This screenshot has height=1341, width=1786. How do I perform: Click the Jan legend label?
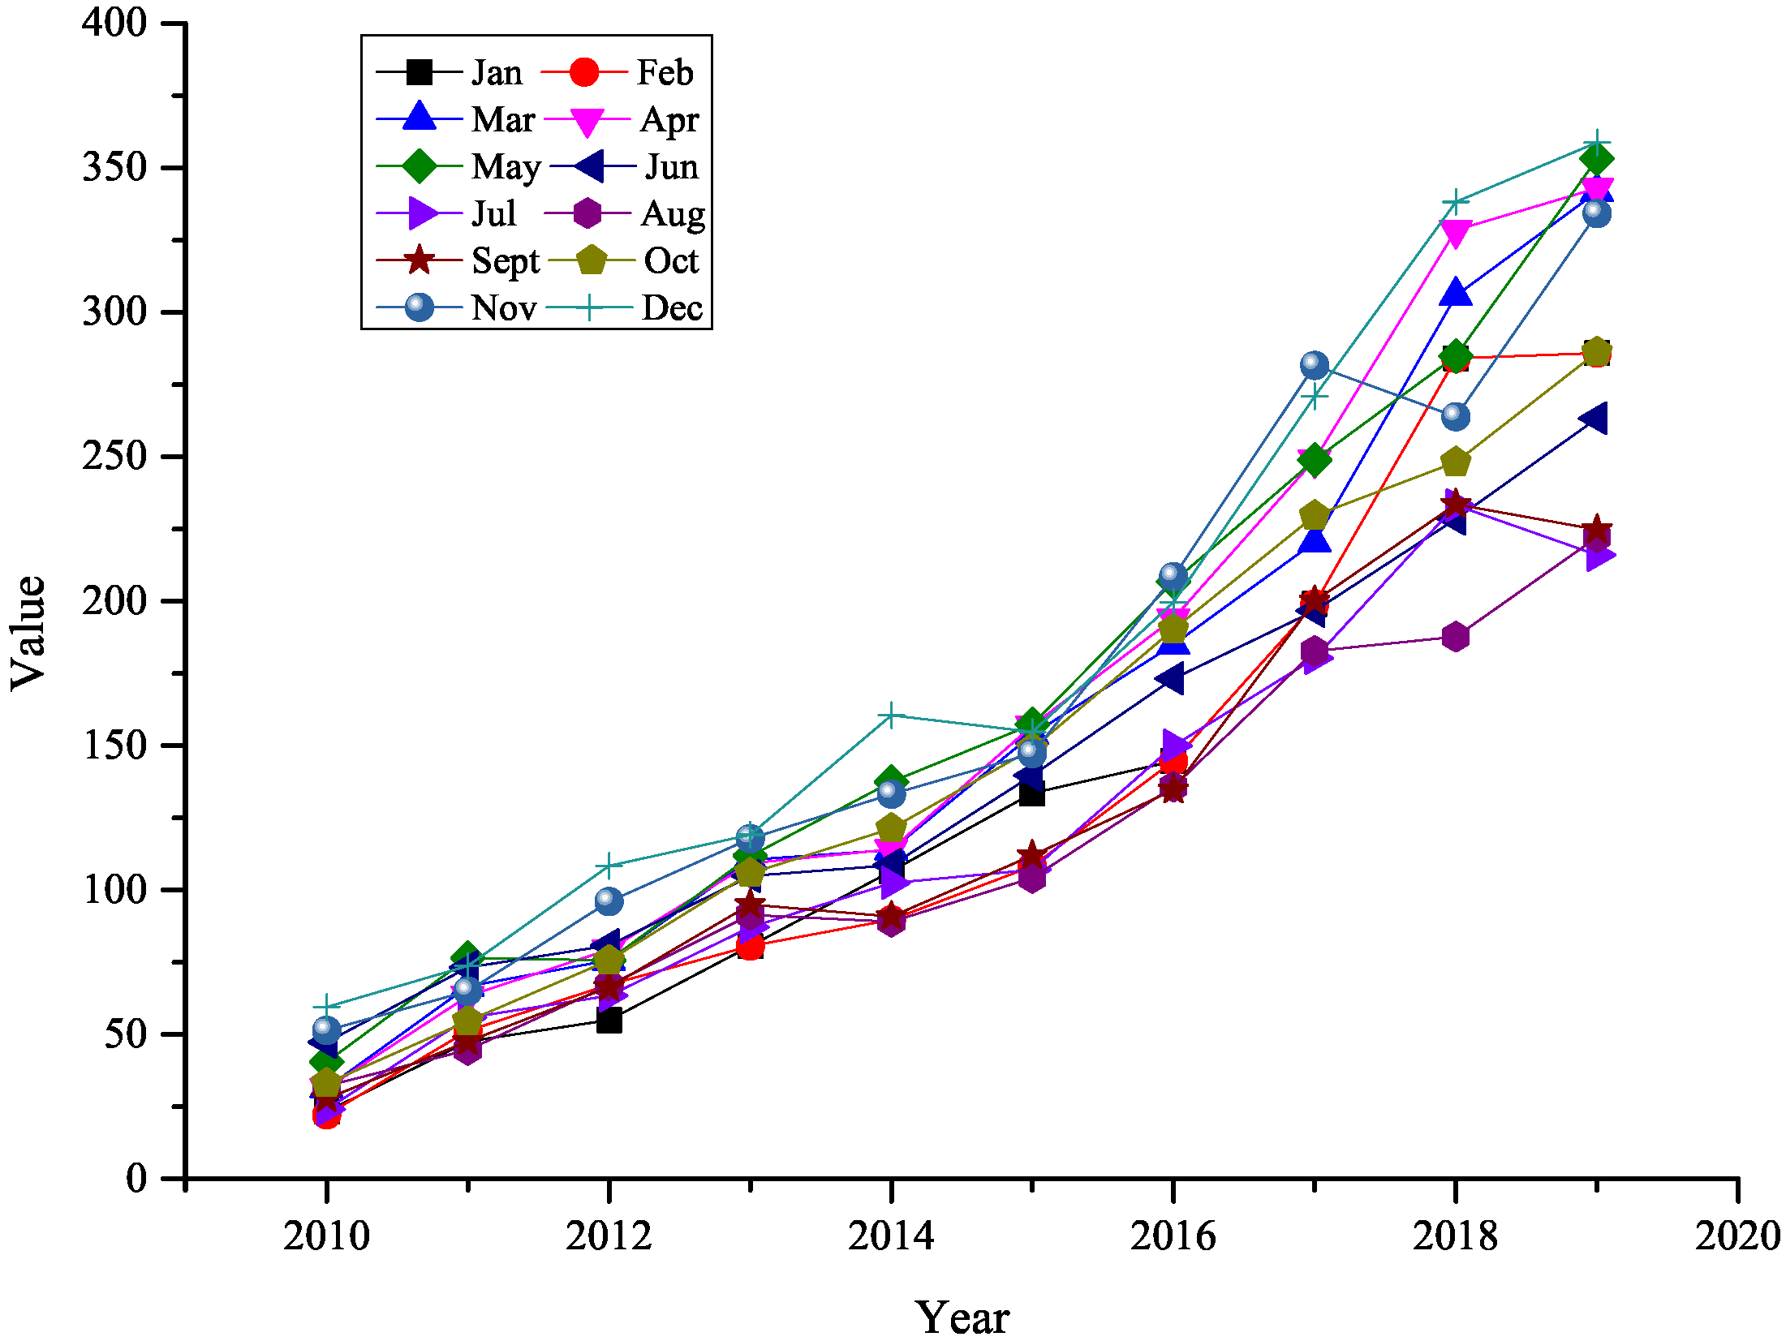point(497,73)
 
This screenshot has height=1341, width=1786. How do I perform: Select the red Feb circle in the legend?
point(584,72)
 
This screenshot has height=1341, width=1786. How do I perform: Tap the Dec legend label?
point(672,308)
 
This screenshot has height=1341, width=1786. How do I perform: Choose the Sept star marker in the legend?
point(420,260)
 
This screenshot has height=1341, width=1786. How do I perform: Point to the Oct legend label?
point(671,261)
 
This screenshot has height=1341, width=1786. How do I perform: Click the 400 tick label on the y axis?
point(114,23)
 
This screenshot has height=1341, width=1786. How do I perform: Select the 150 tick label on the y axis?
point(114,745)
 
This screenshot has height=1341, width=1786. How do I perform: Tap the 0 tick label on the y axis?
point(136,1178)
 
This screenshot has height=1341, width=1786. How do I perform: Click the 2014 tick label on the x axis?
point(891,1236)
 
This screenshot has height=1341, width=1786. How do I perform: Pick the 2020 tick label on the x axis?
point(1737,1236)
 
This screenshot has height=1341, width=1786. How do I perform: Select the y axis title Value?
point(28,633)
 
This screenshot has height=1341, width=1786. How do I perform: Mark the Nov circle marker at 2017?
point(1315,365)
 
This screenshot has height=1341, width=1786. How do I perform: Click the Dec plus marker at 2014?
point(891,716)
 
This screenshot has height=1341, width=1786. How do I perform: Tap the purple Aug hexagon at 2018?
point(1456,636)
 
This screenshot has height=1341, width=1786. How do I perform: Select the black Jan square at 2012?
point(609,1020)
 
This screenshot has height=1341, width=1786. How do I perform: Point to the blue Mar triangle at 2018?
point(1456,294)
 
